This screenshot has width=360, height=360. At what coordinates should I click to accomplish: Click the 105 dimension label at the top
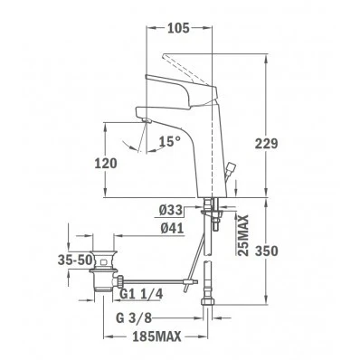(x=178, y=28)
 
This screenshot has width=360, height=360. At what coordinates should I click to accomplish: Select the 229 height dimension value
(x=266, y=144)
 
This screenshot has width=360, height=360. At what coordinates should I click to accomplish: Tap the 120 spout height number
(x=106, y=164)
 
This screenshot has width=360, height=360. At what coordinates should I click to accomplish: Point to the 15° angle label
(x=170, y=141)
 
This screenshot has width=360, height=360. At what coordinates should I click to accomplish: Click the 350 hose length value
(x=266, y=251)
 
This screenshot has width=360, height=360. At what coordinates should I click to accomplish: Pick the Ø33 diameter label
(x=171, y=210)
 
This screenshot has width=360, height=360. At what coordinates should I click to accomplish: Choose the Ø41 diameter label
(x=172, y=228)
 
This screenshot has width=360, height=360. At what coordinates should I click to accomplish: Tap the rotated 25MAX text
(x=243, y=235)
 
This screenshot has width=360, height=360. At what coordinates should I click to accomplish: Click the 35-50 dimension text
(x=75, y=260)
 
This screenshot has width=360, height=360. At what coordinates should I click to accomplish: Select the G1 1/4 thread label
(x=141, y=294)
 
